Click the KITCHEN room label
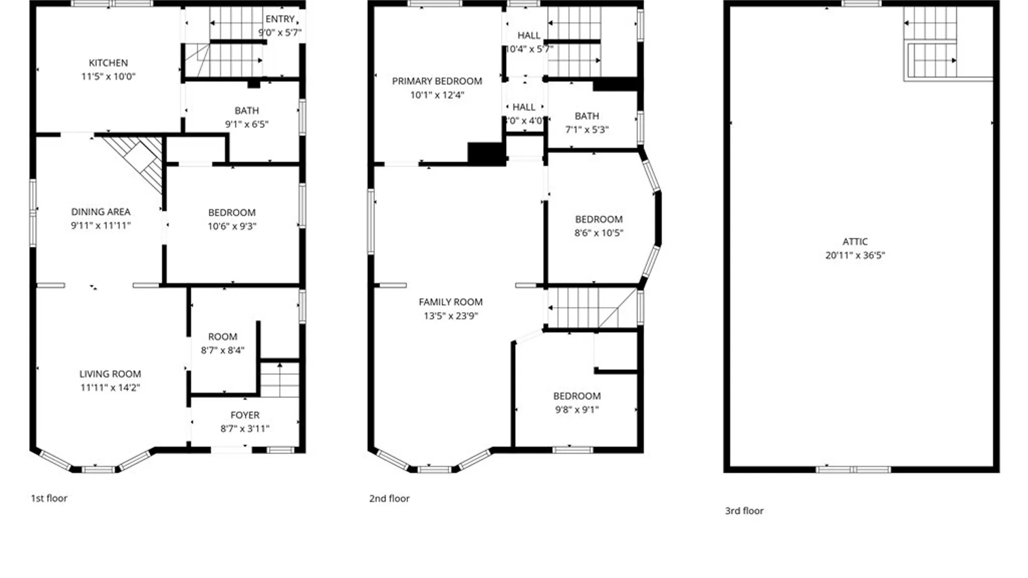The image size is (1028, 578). click(x=108, y=63)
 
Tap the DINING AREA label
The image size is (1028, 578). click(x=101, y=211)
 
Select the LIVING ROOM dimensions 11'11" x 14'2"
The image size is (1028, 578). click(x=110, y=387)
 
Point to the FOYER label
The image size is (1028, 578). click(x=245, y=415)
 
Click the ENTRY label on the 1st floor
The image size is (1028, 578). click(x=280, y=19)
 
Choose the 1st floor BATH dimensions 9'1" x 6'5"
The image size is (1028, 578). click(x=246, y=124)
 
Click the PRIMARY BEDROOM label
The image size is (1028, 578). click(x=437, y=81)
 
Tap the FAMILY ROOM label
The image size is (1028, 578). click(x=450, y=302)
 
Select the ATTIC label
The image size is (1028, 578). click(x=855, y=241)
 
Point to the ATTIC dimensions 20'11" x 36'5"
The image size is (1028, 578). click(x=855, y=255)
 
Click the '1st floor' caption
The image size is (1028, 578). click(x=49, y=498)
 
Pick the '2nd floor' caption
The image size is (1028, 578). click(x=389, y=498)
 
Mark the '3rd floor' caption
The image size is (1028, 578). click(x=744, y=511)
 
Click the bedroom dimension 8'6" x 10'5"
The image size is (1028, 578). click(x=599, y=233)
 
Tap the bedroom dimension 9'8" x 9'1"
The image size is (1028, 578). click(x=577, y=409)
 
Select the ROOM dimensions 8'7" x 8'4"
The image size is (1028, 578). click(x=222, y=350)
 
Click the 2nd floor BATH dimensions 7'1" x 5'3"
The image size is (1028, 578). click(x=587, y=130)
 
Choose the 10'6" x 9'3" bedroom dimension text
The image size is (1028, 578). click(x=232, y=226)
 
